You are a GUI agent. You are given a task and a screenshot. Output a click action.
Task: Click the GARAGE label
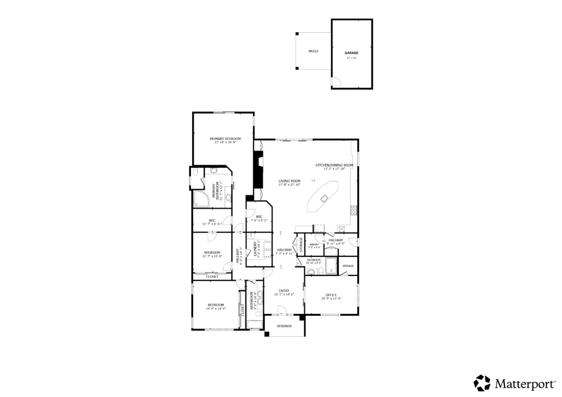(351, 53)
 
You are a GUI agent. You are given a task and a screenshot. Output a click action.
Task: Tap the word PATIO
(313, 51)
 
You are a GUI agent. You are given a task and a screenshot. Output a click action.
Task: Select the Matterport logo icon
(482, 383)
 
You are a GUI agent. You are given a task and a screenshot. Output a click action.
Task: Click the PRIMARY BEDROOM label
(225, 138)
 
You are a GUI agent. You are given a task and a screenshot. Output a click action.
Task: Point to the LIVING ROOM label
(289, 181)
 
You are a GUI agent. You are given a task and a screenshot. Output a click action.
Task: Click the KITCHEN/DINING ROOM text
(334, 165)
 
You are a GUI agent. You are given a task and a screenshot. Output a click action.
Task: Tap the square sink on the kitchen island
(324, 198)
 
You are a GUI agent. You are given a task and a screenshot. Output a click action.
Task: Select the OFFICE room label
(331, 295)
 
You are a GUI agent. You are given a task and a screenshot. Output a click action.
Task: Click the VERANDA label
(284, 326)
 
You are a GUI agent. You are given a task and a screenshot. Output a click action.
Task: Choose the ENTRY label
(284, 291)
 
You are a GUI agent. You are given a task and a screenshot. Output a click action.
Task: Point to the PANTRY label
(314, 245)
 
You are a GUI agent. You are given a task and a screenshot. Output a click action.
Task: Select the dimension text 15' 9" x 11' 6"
(331, 299)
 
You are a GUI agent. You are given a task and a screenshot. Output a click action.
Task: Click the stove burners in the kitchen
(354, 211)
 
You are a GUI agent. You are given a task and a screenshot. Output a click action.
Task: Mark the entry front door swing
(281, 310)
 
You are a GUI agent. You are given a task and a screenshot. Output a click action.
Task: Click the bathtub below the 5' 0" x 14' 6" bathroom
(254, 324)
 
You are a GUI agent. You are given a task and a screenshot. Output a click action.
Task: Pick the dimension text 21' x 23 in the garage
(351, 58)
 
